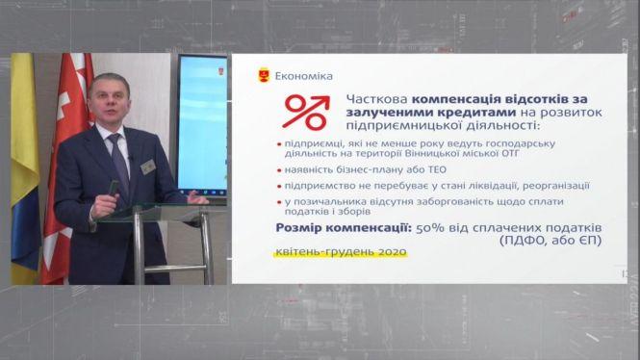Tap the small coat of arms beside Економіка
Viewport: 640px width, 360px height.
click(x=265, y=74)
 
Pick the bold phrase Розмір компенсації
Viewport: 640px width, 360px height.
click(x=337, y=228)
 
